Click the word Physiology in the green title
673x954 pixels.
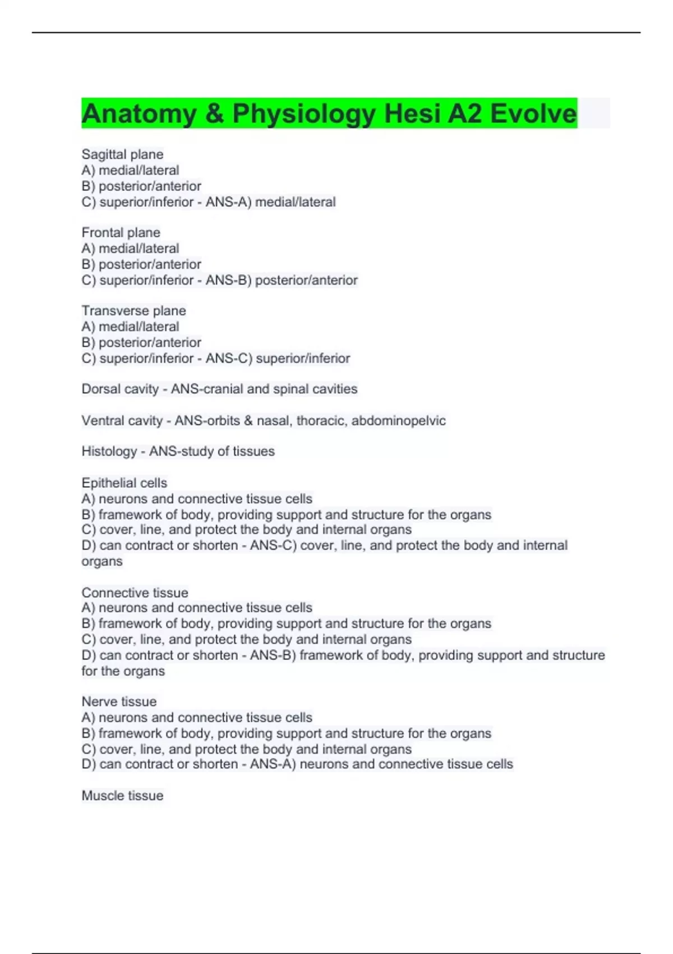305,114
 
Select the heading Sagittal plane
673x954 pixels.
122,154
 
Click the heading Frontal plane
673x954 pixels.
121,232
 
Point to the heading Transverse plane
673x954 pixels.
133,310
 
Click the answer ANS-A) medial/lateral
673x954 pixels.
270,202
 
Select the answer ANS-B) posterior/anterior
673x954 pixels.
281,280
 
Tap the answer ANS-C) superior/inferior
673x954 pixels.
278,358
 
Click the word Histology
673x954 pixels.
109,451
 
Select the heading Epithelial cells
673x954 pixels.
124,483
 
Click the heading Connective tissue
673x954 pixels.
135,593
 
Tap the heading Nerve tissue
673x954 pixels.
119,701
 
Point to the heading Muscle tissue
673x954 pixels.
122,795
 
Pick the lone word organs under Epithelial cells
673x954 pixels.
102,561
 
